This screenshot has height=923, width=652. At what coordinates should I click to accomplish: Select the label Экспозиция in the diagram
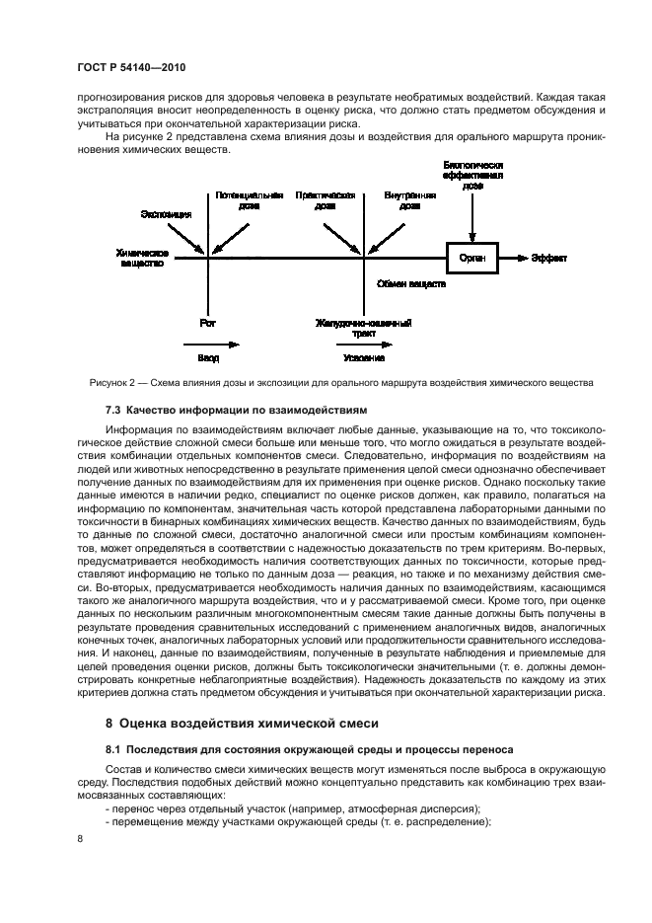point(166,213)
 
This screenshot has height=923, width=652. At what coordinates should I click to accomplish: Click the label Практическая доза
point(326,201)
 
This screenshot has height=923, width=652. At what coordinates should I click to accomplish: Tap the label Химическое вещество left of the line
point(142,258)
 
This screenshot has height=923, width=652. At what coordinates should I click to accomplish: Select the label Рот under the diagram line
point(207,322)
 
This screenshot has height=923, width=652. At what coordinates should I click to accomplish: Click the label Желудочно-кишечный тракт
point(364,328)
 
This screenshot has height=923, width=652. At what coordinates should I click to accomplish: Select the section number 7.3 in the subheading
point(112,408)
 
